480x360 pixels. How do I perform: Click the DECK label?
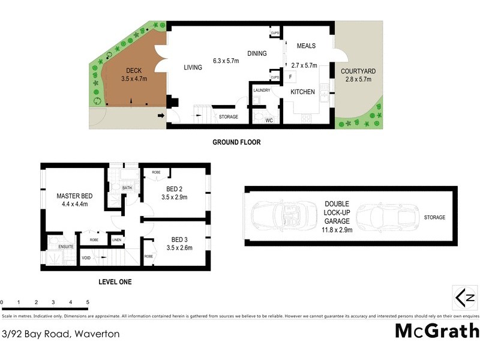point(133,70)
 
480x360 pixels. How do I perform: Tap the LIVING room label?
point(193,68)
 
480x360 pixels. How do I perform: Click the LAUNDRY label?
point(262,90)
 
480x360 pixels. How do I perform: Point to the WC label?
point(269,120)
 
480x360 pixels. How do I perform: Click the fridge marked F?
point(290,77)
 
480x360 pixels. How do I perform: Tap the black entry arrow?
point(161,116)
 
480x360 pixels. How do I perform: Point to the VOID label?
point(86,259)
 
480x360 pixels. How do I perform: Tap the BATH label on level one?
point(127,188)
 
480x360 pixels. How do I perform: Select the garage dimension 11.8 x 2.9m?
point(337,229)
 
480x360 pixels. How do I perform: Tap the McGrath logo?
point(437,331)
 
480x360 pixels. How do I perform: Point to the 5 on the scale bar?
point(88,302)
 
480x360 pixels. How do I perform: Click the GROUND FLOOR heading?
point(236,142)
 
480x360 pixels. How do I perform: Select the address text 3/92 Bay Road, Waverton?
point(61,334)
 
